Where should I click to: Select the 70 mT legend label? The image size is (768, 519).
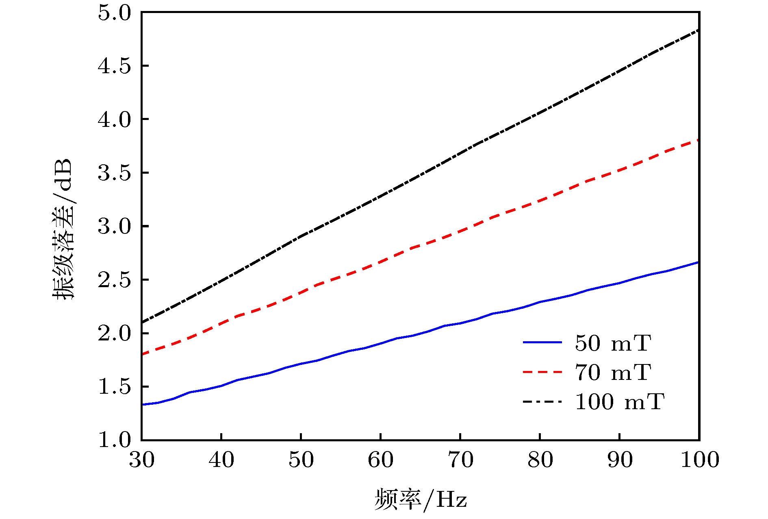(613, 372)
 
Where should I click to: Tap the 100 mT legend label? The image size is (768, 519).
(619, 402)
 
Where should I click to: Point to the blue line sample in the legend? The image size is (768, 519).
(542, 342)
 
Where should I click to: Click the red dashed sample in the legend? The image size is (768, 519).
(542, 372)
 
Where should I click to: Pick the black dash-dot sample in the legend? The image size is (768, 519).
(542, 402)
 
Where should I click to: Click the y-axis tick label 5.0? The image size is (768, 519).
(115, 13)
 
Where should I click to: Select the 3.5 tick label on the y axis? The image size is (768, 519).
(115, 173)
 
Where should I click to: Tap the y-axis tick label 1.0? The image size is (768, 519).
(115, 440)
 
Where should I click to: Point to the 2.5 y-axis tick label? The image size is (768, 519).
(115, 280)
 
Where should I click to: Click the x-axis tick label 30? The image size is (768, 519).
(142, 460)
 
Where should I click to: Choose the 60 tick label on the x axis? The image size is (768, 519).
(381, 460)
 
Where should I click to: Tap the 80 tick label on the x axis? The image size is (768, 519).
(540, 460)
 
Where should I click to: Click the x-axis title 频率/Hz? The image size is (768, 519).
(421, 499)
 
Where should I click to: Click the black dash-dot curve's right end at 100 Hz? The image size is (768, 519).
(698, 31)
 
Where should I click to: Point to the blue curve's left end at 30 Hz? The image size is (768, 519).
(143, 405)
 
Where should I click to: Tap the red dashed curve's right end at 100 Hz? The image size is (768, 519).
(698, 140)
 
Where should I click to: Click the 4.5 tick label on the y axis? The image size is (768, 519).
(115, 66)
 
